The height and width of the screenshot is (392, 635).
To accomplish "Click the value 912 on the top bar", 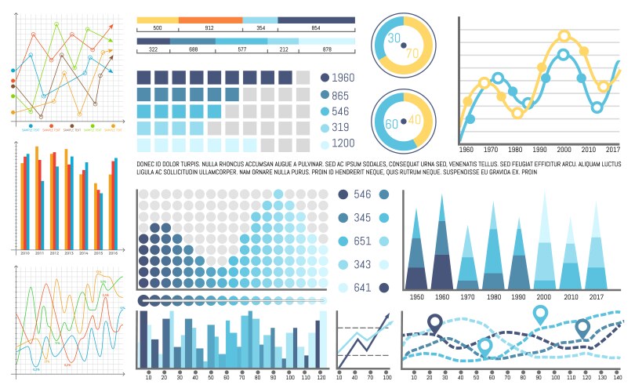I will pos(209,28).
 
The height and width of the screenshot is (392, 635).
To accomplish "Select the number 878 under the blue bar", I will pos(326,49).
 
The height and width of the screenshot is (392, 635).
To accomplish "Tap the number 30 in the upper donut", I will pos(394,38).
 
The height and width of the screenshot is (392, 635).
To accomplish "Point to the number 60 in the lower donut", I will pos(390,122).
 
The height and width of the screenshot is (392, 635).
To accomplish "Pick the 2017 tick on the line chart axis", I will pos(612,149).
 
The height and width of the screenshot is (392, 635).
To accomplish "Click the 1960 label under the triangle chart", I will pos(441,297).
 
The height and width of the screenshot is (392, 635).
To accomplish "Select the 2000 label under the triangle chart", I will pos(545,297).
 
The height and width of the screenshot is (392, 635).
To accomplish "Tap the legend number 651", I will pos(361,241).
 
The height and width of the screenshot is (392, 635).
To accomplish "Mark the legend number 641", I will pos(361,288).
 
